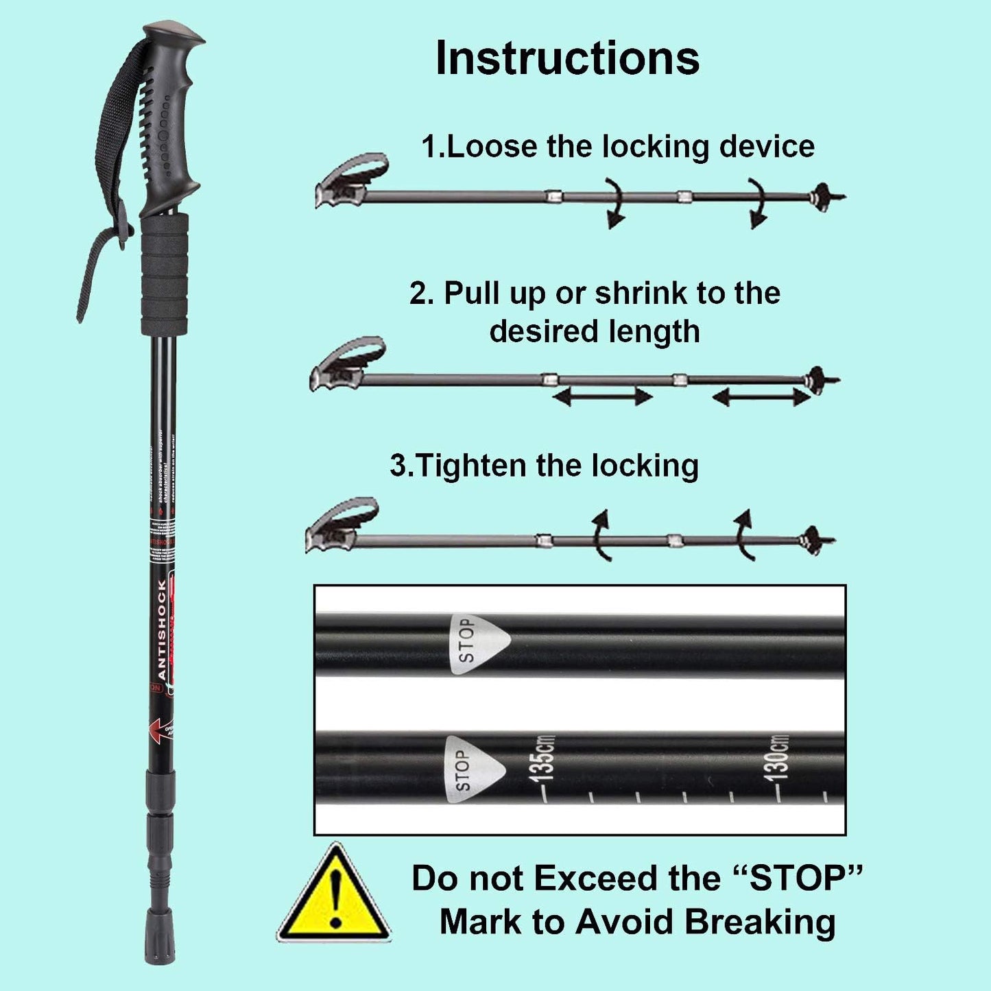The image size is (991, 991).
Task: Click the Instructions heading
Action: [567, 58]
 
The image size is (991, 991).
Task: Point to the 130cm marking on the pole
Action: [780, 756]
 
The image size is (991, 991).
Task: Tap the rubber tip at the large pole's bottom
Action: [156, 945]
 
